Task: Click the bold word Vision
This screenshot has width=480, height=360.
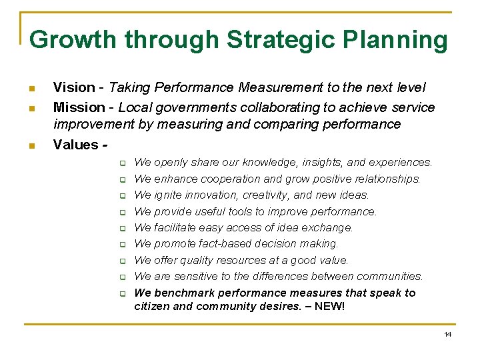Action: tap(74, 87)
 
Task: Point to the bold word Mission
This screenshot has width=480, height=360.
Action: tap(79, 107)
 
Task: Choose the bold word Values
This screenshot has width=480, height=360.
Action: tap(76, 144)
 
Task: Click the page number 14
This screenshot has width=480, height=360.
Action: tap(447, 334)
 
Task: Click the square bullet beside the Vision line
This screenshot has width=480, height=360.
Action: tap(32, 89)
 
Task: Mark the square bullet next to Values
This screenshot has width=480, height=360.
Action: tap(32, 145)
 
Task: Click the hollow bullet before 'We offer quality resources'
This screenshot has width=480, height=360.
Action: tap(123, 261)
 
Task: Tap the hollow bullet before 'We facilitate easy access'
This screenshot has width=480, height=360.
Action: tap(123, 228)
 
